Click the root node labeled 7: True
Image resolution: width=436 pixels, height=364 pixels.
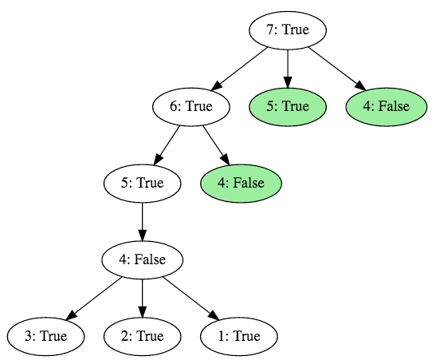point(288,31)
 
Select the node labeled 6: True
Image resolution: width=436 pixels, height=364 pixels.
point(191,107)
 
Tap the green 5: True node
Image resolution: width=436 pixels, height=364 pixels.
point(288,107)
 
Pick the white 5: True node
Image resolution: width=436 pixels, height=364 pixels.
point(143,184)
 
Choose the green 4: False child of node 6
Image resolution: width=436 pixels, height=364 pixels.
point(243,184)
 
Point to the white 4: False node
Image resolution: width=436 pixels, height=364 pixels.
point(143,259)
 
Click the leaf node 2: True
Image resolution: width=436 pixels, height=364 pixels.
point(143,336)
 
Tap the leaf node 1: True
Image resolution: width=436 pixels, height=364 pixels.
point(239,336)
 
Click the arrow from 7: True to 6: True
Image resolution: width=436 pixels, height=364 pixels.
point(240,69)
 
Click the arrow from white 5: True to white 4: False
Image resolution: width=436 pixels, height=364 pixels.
point(143,221)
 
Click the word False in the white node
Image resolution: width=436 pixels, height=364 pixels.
point(152,259)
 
